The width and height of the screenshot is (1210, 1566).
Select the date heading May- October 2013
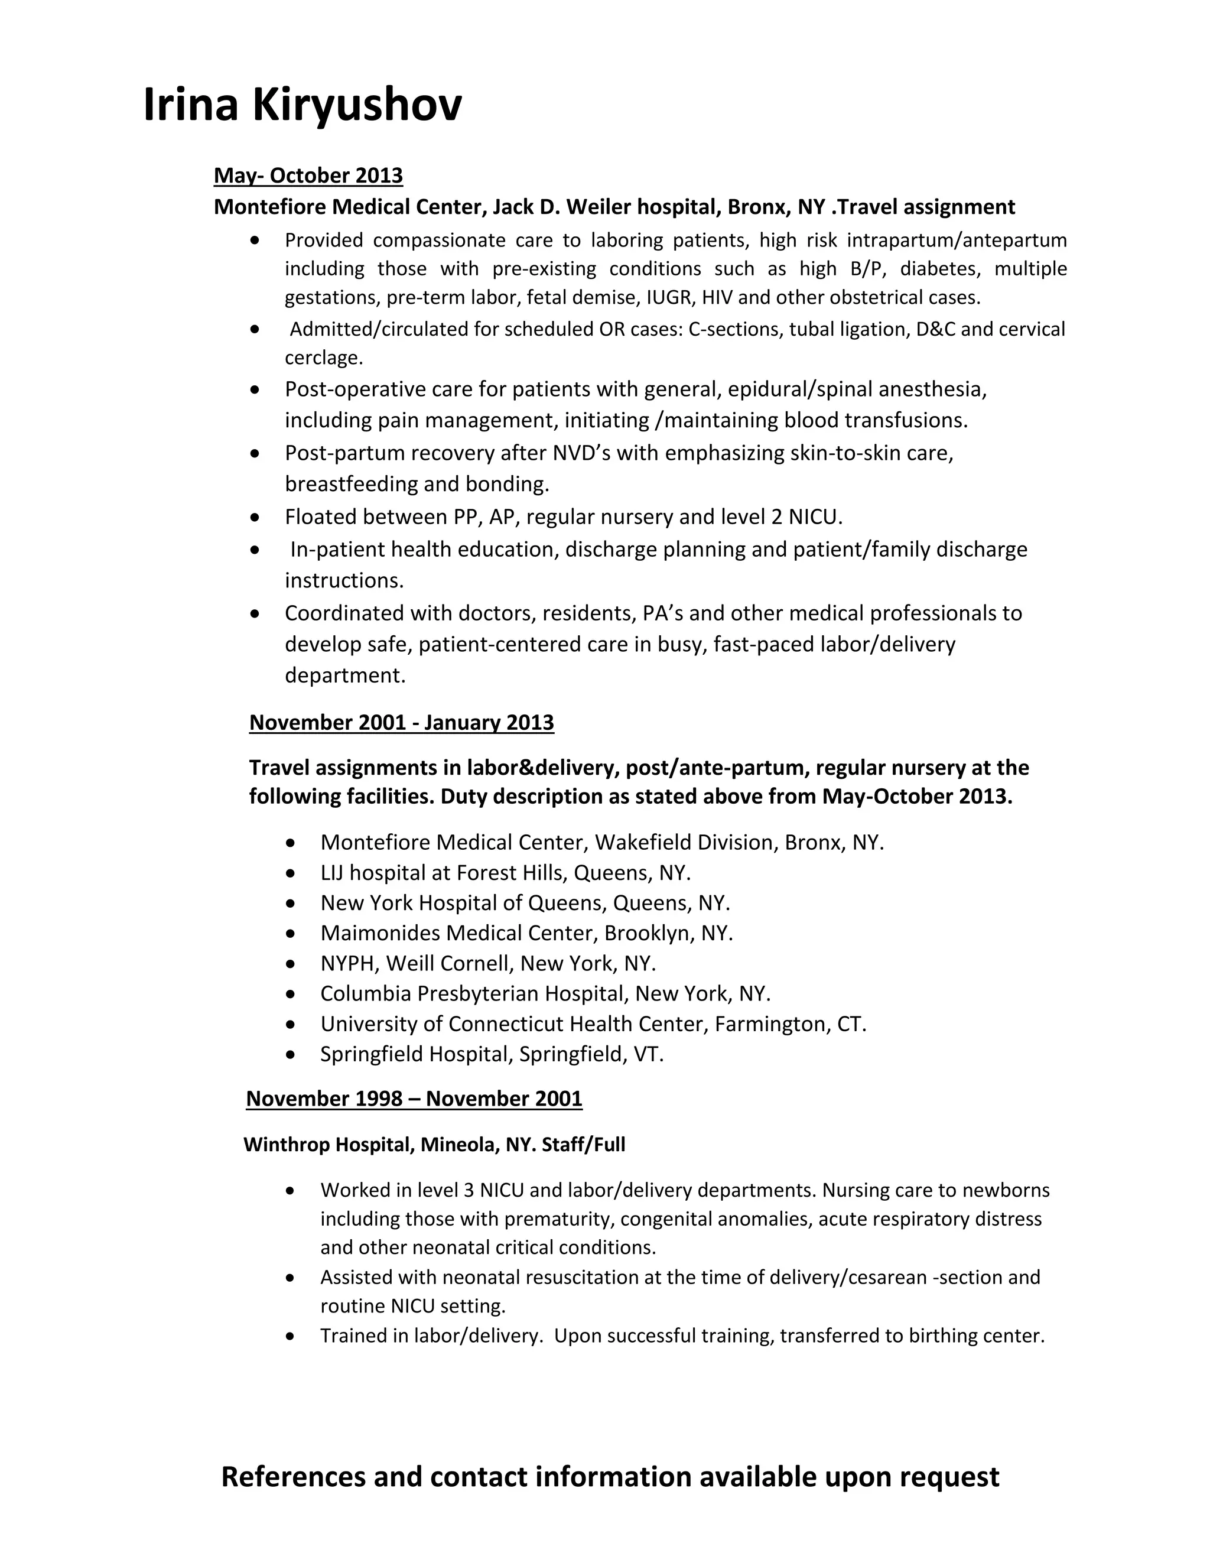point(308,176)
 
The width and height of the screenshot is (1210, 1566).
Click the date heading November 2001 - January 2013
point(401,722)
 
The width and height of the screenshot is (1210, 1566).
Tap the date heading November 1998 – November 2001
point(414,1099)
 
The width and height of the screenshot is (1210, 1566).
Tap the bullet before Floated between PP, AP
point(255,516)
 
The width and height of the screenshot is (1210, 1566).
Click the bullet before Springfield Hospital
point(290,1055)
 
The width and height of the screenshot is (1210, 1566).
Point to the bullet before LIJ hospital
point(290,873)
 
